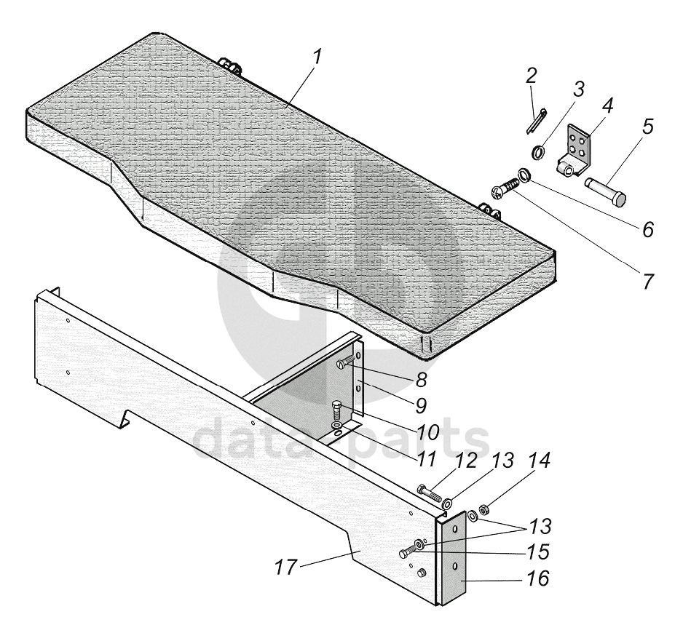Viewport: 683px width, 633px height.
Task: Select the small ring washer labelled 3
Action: pyautogui.click(x=539, y=153)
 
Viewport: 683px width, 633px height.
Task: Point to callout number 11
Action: pyautogui.click(x=426, y=459)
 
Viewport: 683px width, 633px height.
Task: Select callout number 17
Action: pyautogui.click(x=287, y=567)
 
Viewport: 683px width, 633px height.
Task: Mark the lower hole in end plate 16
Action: pyautogui.click(x=454, y=566)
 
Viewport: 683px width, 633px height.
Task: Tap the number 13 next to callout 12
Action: pyautogui.click(x=502, y=461)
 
